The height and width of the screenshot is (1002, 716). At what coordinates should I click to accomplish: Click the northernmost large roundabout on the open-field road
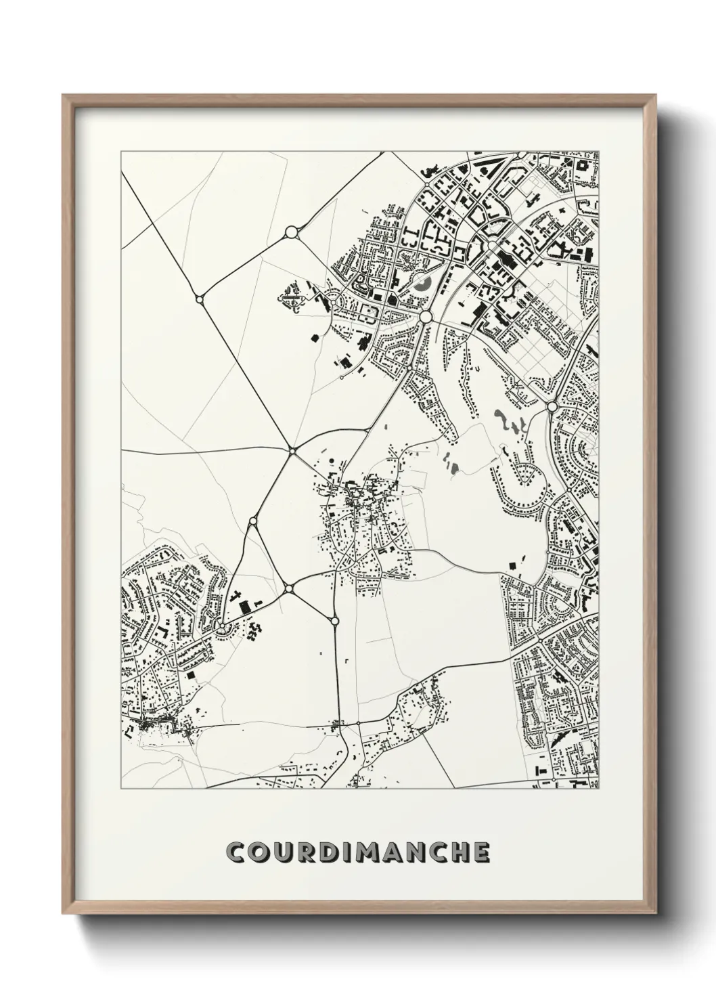[x=292, y=232]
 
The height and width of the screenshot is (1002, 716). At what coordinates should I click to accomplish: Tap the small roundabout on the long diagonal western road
[x=199, y=298]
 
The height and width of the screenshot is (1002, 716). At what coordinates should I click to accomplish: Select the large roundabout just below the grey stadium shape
[x=426, y=316]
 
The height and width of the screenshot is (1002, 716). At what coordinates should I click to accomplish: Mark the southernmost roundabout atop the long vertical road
[x=334, y=620]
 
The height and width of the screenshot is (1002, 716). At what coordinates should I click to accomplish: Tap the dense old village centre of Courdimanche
[x=355, y=501]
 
